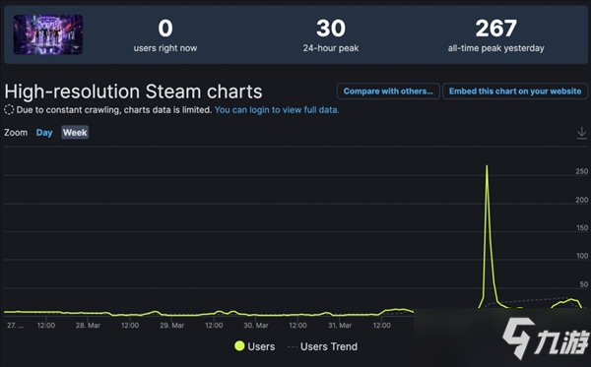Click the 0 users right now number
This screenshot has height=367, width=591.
point(164,29)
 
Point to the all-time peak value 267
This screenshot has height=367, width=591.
point(495,29)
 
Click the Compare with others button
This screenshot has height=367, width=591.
point(388,92)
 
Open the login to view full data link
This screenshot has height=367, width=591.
point(277,110)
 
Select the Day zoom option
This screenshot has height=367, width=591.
point(44,132)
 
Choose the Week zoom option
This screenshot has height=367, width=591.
point(75,132)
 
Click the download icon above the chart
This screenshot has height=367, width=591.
point(581,133)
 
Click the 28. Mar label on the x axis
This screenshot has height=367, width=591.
point(89,325)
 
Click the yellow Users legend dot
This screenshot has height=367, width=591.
point(238,346)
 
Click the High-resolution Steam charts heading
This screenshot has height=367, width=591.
point(133,92)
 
